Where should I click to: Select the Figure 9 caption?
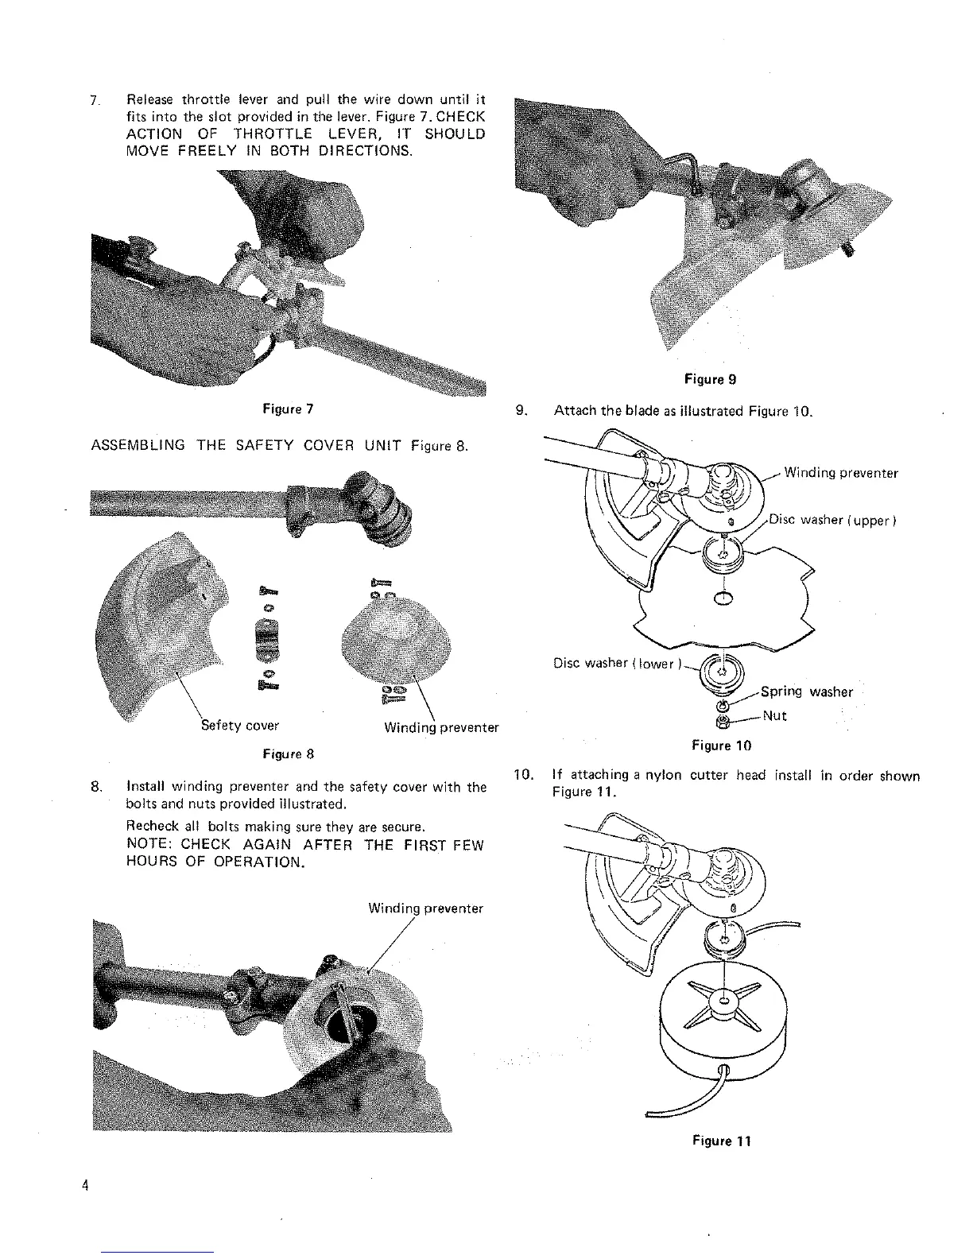[710, 379]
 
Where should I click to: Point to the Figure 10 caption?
[721, 746]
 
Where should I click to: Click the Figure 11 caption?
[721, 1141]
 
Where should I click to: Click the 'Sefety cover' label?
[239, 726]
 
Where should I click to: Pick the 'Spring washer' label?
[806, 691]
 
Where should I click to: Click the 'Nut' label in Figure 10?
[774, 715]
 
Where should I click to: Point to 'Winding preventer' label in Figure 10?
[841, 474]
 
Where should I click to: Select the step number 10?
[522, 775]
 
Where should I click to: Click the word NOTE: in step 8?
[151, 845]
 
